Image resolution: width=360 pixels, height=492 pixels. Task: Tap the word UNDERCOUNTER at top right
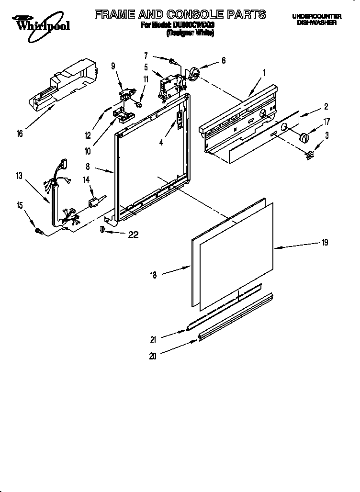pyautogui.click(x=316, y=17)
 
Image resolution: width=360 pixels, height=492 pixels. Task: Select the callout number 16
pyautogui.click(x=20, y=134)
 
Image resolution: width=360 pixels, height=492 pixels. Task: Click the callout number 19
pyautogui.click(x=325, y=243)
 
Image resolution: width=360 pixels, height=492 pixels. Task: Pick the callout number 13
pyautogui.click(x=19, y=176)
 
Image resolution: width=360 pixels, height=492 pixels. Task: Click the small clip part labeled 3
pyautogui.click(x=310, y=155)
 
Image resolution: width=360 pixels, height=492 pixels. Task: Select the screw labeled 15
pyautogui.click(x=39, y=231)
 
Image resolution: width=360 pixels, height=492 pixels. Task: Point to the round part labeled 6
pyautogui.click(x=194, y=73)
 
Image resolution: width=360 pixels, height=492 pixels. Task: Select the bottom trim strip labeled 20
pyautogui.click(x=235, y=319)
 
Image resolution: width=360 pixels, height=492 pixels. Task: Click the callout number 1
pyautogui.click(x=264, y=73)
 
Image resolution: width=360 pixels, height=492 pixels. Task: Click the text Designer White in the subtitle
pyautogui.click(x=190, y=34)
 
